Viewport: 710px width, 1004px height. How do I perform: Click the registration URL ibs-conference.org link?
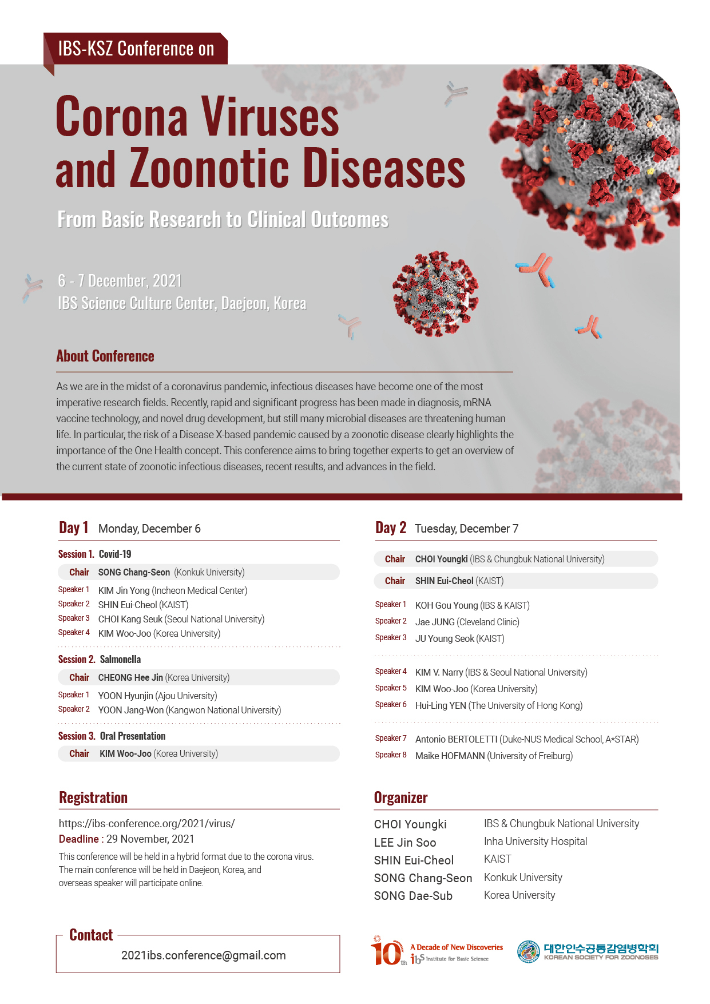coord(146,823)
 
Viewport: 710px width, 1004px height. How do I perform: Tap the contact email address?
coord(203,955)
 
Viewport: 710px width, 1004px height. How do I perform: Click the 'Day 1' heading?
coord(74,527)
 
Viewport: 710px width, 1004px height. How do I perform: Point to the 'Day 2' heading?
coord(391,527)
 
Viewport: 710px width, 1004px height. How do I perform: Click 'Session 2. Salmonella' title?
coord(100,659)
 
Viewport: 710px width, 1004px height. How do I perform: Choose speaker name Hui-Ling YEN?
coord(441,705)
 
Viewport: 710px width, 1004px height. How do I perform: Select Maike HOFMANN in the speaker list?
coord(450,756)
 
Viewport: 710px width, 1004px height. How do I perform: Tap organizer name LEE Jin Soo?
coord(405,842)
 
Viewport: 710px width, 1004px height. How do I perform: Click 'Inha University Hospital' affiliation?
coord(536,842)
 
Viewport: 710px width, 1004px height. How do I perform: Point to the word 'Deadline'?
coord(79,839)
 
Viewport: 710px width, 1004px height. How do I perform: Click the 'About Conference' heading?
coord(105,356)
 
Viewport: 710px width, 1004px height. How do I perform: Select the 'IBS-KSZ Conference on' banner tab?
coord(136,49)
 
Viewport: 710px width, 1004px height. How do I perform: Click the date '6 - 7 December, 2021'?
coord(120,281)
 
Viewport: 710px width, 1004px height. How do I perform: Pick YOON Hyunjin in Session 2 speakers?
coord(125,696)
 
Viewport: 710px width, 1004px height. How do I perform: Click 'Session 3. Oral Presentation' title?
coord(112,736)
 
